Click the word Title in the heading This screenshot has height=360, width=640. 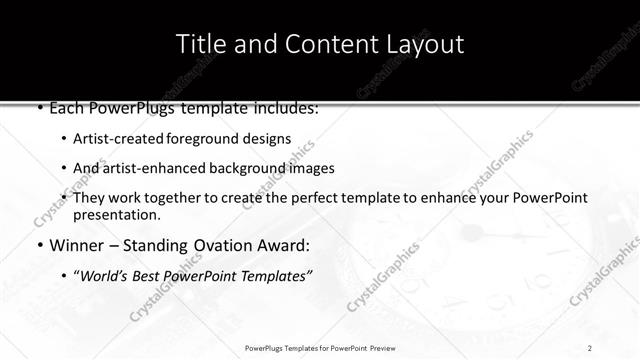(x=200, y=44)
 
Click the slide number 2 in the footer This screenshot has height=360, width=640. (x=590, y=347)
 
